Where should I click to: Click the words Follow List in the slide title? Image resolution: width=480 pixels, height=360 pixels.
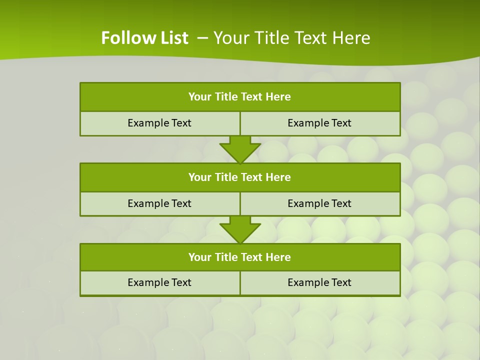(x=144, y=38)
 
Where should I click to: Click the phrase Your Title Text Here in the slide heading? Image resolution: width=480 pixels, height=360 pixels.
(x=292, y=38)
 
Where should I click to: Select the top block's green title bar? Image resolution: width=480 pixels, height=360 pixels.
(x=240, y=97)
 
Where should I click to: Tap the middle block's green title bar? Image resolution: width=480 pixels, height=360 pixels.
(x=240, y=177)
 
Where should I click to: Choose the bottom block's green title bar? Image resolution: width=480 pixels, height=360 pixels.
(x=240, y=257)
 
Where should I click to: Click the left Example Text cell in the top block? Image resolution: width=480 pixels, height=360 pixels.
(x=159, y=123)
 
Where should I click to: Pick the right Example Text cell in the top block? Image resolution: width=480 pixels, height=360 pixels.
(x=319, y=123)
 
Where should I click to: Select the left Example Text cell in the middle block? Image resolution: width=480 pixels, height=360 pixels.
(x=159, y=203)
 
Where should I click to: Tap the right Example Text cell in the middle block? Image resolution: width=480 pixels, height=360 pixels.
(x=319, y=203)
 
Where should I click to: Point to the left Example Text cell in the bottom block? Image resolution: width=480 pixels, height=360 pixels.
(x=159, y=282)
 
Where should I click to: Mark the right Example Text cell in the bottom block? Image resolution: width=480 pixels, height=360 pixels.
(x=319, y=282)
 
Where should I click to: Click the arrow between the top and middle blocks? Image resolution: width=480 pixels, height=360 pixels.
(x=240, y=149)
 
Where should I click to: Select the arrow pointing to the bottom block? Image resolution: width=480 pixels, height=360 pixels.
(x=240, y=229)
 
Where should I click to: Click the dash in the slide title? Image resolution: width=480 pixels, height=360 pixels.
(x=202, y=38)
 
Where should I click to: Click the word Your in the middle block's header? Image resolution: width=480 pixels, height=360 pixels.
(x=199, y=177)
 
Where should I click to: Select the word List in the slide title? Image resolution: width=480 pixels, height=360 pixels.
(x=173, y=38)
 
